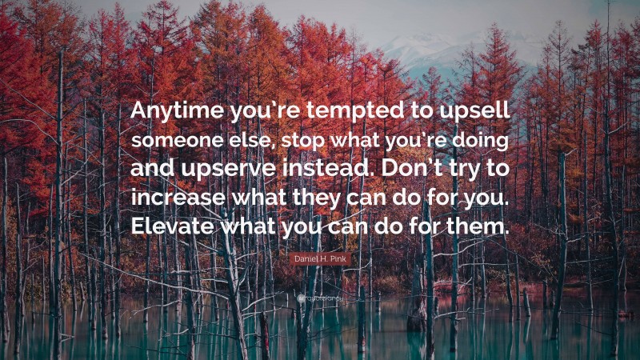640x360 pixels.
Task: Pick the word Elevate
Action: point(173,226)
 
